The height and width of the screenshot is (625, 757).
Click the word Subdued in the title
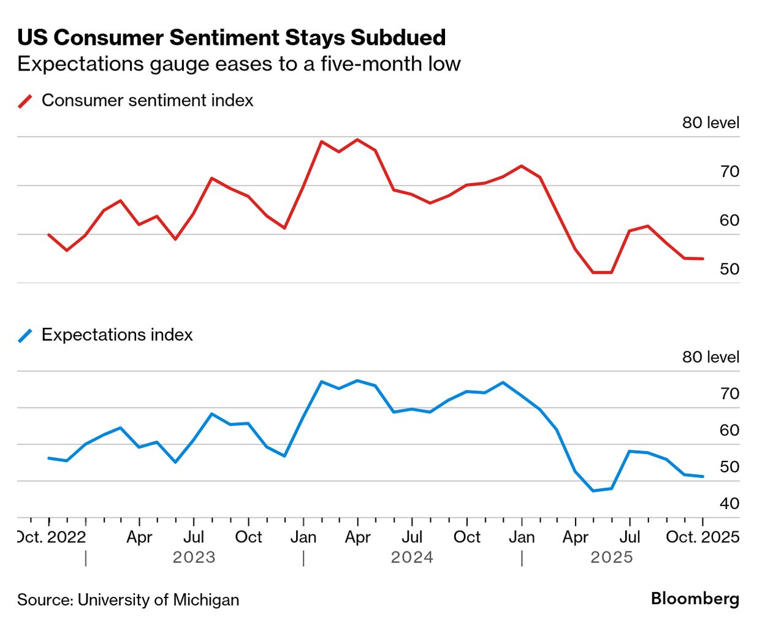pos(398,37)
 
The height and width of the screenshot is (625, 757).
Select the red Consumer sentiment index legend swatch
pos(25,101)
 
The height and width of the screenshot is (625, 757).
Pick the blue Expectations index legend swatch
pos(25,335)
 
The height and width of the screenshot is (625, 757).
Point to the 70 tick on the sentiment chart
pos(729,172)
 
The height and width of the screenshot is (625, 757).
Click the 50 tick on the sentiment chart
pos(729,269)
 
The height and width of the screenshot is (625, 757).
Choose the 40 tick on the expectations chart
pos(729,504)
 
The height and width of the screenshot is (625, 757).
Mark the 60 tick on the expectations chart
pos(729,430)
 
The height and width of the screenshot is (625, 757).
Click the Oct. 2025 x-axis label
pos(702,537)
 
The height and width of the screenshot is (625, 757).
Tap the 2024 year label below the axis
pos(412,558)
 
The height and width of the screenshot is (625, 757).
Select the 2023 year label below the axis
pos(194,558)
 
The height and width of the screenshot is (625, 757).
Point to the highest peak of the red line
pos(357,140)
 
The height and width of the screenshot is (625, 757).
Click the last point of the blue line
pos(702,476)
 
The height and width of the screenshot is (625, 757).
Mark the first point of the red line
pos(48,235)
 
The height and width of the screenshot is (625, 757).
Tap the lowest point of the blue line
pos(593,491)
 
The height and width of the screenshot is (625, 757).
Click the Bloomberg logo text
pos(695,599)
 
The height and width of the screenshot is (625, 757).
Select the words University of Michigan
pos(158,600)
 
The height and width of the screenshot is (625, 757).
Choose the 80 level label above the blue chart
pos(710,357)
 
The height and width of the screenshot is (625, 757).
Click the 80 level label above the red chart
pos(710,123)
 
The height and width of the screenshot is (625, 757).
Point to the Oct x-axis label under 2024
pos(466,537)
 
